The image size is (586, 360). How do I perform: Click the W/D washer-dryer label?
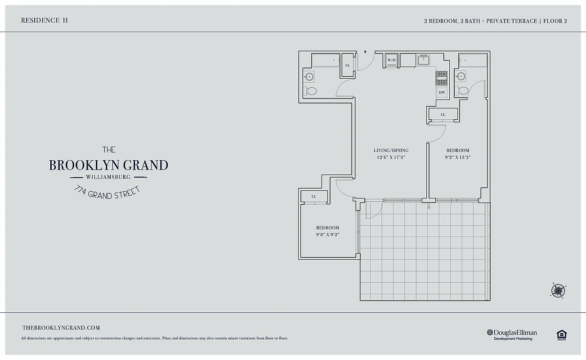pos(391,60)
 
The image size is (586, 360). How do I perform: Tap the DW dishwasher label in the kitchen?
pos(442,92)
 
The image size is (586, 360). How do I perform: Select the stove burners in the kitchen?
pos(441,78)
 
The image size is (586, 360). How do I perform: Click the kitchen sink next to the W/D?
pos(423,60)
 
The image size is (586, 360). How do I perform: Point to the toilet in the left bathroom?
pos(311,91)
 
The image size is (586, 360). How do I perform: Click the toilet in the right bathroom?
pos(462,90)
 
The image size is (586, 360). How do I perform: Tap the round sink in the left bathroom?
pos(309,77)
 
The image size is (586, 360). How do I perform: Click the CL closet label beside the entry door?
pos(347,65)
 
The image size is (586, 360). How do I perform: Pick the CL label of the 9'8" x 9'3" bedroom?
pos(314,196)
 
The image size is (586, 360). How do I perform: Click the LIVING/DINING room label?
pos(391,150)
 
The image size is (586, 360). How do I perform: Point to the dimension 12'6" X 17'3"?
pos(391,157)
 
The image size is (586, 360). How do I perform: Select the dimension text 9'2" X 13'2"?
pos(457,157)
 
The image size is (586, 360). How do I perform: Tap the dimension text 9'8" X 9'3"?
pos(327,234)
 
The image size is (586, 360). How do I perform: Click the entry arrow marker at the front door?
pos(365,52)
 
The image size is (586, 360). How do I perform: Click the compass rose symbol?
pos(558,290)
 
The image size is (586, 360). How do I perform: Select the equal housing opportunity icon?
pos(561,334)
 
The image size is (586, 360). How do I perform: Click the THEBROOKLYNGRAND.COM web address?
pos(61,328)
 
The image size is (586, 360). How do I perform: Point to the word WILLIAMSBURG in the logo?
pos(108,177)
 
